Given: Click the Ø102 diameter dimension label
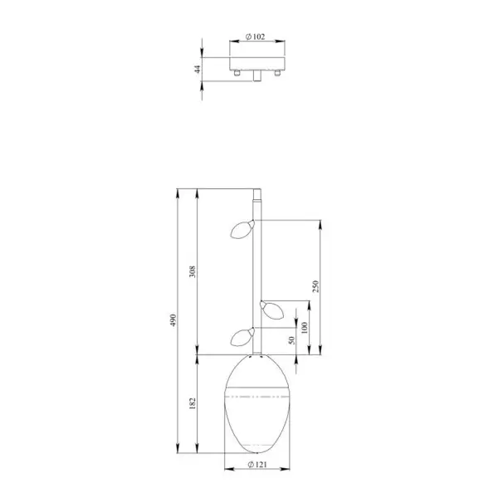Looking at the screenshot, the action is click(x=256, y=37).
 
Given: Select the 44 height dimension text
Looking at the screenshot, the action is click(x=198, y=69).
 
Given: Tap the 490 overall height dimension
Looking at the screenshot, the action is click(x=173, y=320).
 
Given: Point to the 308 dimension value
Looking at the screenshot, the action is click(x=193, y=271).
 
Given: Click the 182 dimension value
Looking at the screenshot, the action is click(x=193, y=403).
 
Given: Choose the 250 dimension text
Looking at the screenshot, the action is click(x=315, y=286).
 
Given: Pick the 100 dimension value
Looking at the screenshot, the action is click(x=305, y=328).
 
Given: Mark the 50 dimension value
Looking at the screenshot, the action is click(x=291, y=340).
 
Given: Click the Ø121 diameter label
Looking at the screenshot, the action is click(x=257, y=465).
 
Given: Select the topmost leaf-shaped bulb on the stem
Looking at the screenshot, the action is click(x=242, y=229).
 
